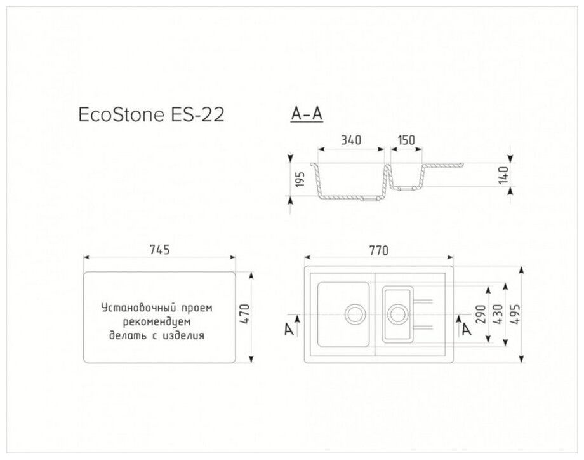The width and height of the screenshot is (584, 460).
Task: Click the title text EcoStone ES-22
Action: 150,116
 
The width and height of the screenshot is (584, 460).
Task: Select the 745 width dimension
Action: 160,250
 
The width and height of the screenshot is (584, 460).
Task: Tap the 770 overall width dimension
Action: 379,250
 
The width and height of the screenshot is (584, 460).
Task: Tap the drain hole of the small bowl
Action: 398,313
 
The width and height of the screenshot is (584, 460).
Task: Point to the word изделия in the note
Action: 188,335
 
